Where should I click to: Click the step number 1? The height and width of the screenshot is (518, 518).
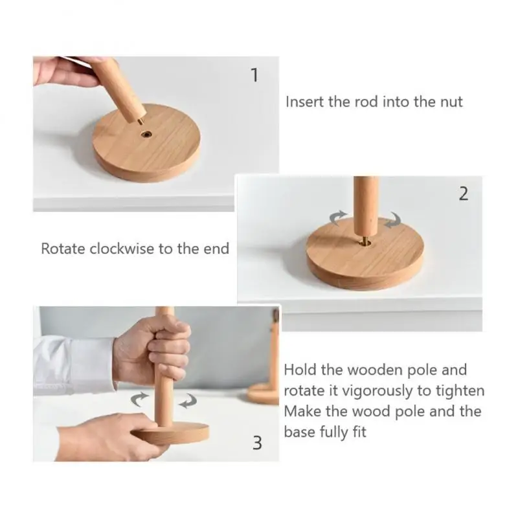[x=254, y=76]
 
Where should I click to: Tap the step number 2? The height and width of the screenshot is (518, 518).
[x=463, y=194]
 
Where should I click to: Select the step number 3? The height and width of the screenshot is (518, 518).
[x=257, y=443]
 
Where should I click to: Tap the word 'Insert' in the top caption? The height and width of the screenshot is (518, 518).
[x=304, y=102]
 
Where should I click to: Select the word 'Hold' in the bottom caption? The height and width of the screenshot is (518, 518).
[x=301, y=370]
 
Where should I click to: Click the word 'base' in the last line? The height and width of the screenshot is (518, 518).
[x=300, y=432]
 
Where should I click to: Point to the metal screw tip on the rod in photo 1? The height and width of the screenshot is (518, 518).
[x=141, y=120]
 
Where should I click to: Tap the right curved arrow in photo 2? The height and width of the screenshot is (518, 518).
[x=392, y=221]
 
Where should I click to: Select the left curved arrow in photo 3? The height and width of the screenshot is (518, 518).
[x=139, y=398]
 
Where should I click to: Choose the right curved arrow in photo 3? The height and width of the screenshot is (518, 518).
[x=188, y=401]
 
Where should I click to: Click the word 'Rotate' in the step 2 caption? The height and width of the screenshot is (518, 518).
[x=63, y=249]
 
